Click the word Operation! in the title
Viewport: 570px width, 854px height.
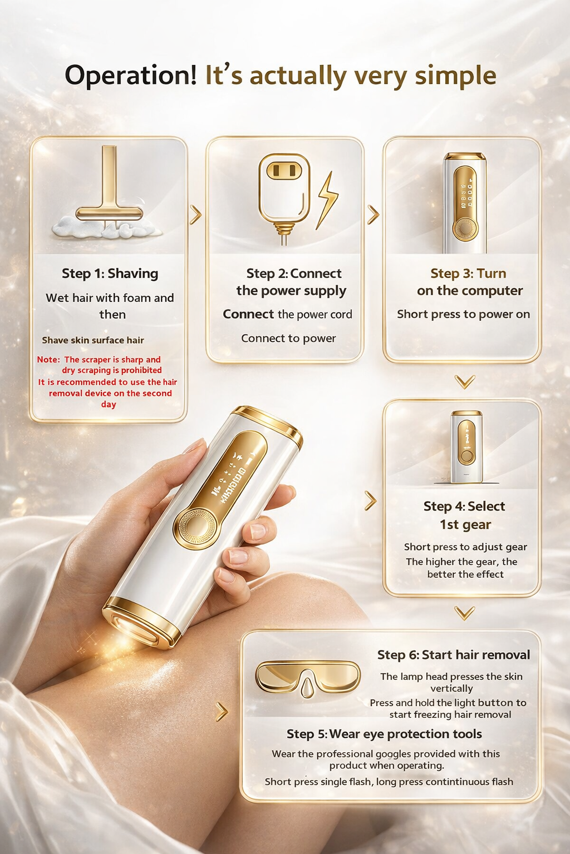[131, 76]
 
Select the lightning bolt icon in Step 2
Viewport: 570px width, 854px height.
[327, 200]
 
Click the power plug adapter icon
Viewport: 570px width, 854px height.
[284, 192]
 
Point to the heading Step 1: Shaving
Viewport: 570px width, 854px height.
[110, 274]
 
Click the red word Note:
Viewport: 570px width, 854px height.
[48, 360]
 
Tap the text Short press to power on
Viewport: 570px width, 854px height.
[463, 314]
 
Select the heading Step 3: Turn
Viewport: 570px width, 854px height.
[468, 274]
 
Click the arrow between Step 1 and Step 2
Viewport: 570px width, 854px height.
[195, 215]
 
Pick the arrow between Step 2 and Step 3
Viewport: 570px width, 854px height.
[374, 215]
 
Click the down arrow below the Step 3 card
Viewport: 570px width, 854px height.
[465, 381]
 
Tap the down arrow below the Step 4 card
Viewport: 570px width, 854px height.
[465, 613]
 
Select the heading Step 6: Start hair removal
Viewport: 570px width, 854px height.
[453, 655]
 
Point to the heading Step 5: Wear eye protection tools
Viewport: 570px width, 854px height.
[384, 734]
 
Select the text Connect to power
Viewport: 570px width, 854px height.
[288, 338]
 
